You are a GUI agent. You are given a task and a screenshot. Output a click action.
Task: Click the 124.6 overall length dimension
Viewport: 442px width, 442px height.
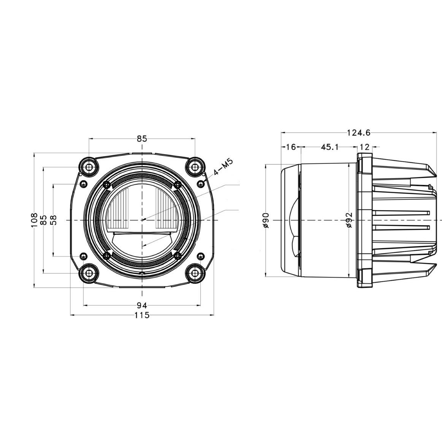point(358,133)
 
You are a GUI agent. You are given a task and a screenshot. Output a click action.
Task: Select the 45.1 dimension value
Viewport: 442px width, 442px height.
point(329,147)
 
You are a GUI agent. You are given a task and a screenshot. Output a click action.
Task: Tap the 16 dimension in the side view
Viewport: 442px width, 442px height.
point(291,147)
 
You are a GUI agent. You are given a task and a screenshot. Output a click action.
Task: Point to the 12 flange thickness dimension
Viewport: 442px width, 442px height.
point(365,147)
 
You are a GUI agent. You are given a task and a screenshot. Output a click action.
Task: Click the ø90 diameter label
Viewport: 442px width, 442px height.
point(266,220)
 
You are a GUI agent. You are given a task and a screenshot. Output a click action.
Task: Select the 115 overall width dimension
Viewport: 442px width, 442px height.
point(142,315)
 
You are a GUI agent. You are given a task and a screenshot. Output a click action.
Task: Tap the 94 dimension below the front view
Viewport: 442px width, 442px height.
point(142,305)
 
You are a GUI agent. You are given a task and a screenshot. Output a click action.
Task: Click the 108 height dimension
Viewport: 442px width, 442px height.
point(34,220)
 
